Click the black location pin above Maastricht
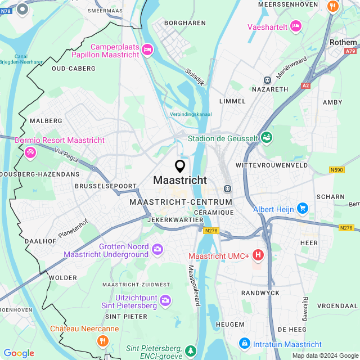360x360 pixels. tap(180, 166)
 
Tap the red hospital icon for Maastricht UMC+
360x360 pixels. tap(258, 255)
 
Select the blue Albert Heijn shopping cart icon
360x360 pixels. tap(303, 209)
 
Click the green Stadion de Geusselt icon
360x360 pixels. tap(267, 137)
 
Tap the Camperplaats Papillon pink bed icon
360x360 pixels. tap(147, 50)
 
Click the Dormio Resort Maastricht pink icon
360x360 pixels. tap(30, 151)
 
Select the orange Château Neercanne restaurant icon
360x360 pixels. tap(102, 340)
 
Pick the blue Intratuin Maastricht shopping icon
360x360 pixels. tap(245, 343)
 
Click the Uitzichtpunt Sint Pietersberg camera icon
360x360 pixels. tap(165, 300)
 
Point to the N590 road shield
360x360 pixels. tap(337, 169)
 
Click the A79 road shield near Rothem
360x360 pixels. tap(351, 51)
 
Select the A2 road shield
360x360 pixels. tap(305, 85)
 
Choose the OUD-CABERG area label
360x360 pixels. tap(73, 69)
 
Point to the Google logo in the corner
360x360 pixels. tap(19, 353)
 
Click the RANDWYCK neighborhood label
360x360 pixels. tap(257, 293)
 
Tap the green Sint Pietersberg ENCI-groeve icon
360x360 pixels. tap(191, 351)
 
